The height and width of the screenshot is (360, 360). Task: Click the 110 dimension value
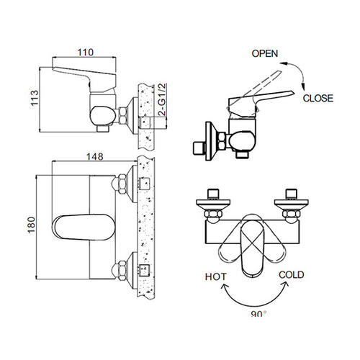click(x=86, y=53)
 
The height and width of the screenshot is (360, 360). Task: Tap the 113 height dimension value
click(x=35, y=98)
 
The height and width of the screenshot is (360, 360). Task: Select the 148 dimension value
click(x=95, y=157)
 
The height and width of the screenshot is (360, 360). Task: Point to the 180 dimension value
click(x=32, y=225)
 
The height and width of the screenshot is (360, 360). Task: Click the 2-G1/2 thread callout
click(x=163, y=100)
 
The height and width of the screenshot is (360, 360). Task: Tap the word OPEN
click(x=265, y=53)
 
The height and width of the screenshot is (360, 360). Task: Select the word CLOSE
click(x=318, y=98)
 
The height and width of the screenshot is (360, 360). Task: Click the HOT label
click(x=215, y=276)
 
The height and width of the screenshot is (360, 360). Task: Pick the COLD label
click(x=292, y=274)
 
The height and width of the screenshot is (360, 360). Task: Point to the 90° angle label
click(x=258, y=314)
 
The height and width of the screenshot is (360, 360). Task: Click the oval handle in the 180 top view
click(x=84, y=228)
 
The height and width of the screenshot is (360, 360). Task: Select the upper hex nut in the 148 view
click(x=121, y=183)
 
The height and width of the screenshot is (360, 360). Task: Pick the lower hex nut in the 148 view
click(x=121, y=271)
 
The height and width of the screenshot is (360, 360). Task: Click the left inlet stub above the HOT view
click(x=213, y=194)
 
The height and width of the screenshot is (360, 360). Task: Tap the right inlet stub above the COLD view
click(x=291, y=194)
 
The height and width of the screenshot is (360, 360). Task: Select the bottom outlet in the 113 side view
click(x=103, y=128)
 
